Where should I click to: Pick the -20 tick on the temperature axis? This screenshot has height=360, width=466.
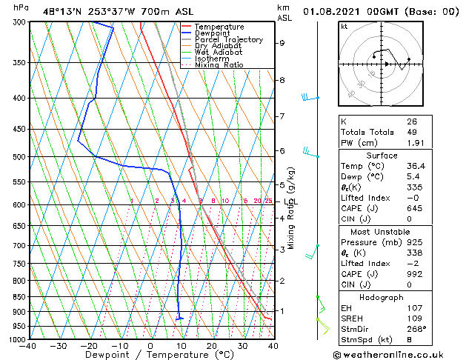pyautogui.click(x=88, y=345)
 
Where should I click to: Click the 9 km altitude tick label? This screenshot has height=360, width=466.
pyautogui.click(x=282, y=43)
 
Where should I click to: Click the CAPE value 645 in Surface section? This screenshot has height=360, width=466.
pyautogui.click(x=413, y=207)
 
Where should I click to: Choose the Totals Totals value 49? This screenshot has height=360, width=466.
pyautogui.click(x=411, y=132)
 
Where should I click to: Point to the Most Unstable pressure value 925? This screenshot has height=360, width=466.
pyautogui.click(x=413, y=241)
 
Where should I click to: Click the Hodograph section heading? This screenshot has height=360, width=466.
pyautogui.click(x=381, y=297)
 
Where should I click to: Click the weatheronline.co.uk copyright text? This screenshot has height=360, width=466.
pyautogui.click(x=399, y=353)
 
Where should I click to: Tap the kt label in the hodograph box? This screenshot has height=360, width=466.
pyautogui.click(x=344, y=26)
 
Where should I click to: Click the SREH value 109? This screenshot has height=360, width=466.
pyautogui.click(x=413, y=319)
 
